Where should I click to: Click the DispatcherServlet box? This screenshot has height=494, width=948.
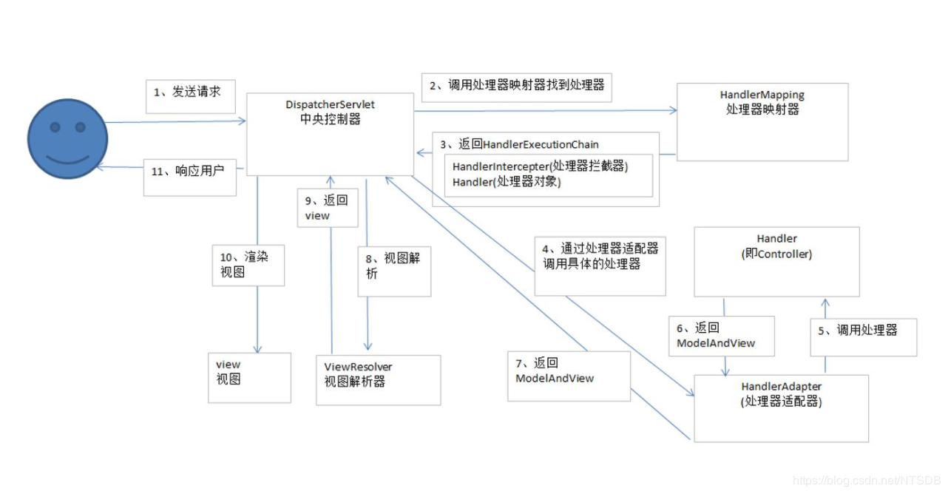point(330,133)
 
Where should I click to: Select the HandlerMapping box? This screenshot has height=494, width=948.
point(762,121)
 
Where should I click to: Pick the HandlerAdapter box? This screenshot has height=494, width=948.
point(781,407)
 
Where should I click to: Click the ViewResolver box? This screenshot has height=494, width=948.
point(378,379)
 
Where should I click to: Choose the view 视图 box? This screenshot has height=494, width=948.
point(248,377)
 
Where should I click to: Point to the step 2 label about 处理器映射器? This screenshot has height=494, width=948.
point(515,85)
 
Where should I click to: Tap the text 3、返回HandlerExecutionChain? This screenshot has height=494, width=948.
point(519,144)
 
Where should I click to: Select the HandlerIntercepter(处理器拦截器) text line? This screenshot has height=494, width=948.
point(540,167)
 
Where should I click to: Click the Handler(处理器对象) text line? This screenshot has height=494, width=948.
point(507,182)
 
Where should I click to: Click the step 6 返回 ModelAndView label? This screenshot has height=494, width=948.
point(725,336)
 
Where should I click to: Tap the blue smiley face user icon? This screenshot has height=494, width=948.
point(68,138)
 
